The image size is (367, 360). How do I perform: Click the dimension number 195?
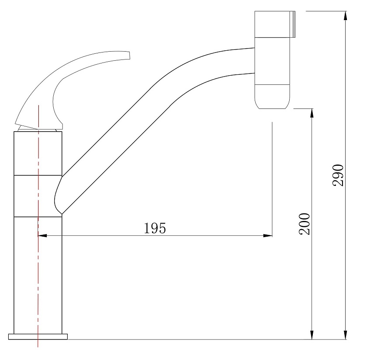155,228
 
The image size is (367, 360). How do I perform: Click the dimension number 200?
305,224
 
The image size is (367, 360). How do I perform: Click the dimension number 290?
338,175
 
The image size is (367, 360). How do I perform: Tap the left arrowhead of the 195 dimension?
42,235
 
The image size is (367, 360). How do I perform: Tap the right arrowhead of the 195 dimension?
268,235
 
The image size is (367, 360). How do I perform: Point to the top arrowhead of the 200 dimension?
312,113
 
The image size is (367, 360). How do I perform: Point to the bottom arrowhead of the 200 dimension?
312,335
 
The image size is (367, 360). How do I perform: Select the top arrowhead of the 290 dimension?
345,15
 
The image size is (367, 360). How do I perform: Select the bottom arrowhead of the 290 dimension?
345,335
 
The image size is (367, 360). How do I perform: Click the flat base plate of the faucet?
38,336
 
